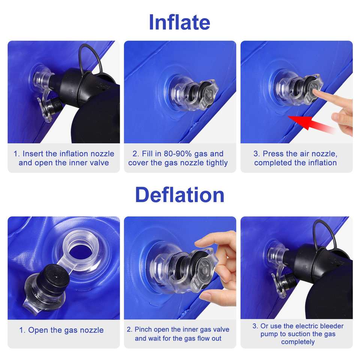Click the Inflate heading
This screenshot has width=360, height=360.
[x=180, y=22]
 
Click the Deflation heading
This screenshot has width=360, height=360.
[x=180, y=195]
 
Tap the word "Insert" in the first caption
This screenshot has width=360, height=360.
[x=33, y=154]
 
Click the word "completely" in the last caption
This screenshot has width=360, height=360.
[x=298, y=342]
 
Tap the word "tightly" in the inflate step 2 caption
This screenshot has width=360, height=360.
[x=217, y=163]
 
